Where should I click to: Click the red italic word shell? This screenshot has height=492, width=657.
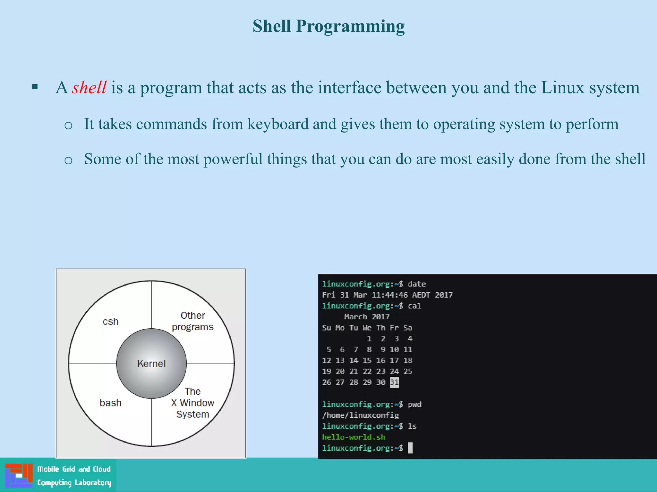pyautogui.click(x=89, y=87)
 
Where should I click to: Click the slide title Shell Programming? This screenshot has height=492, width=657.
pyautogui.click(x=328, y=26)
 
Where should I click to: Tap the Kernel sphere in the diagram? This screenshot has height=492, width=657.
pyautogui.click(x=151, y=364)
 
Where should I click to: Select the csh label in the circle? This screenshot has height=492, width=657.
pyautogui.click(x=110, y=321)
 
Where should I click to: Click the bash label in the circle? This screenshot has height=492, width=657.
pyautogui.click(x=110, y=403)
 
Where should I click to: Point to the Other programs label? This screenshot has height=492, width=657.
pyautogui.click(x=192, y=321)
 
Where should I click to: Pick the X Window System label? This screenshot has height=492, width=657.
pyautogui.click(x=192, y=403)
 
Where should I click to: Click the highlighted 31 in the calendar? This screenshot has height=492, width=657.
pyautogui.click(x=394, y=382)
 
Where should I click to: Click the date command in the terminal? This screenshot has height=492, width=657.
pyautogui.click(x=416, y=284)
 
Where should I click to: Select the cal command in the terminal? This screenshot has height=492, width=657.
pyautogui.click(x=414, y=306)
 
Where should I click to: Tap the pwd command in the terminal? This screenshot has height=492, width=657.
pyautogui.click(x=414, y=404)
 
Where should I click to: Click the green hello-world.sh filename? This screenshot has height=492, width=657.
pyautogui.click(x=354, y=437)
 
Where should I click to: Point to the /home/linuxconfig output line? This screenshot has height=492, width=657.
pyautogui.click(x=361, y=415)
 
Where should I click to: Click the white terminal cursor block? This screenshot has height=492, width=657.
pyautogui.click(x=410, y=448)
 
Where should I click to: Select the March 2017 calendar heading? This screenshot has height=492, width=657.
pyautogui.click(x=367, y=317)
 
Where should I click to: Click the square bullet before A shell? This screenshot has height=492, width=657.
pyautogui.click(x=35, y=87)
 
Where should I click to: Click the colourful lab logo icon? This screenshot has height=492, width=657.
pyautogui.click(x=19, y=475)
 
